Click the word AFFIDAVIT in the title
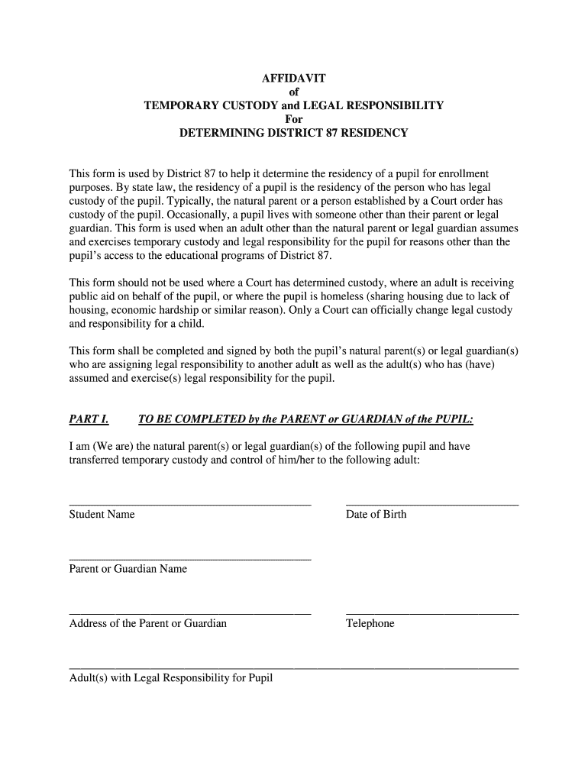point(294,78)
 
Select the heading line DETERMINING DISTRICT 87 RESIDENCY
point(294,133)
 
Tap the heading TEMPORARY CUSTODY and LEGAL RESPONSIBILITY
point(294,105)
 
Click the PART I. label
point(89,419)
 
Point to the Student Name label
point(102,514)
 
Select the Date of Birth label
point(376,514)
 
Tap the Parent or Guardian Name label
point(128,569)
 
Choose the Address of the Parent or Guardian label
point(147,623)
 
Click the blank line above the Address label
point(190,614)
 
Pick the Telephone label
point(370,623)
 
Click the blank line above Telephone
point(432,614)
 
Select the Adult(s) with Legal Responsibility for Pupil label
point(170,678)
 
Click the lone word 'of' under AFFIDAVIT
point(294,92)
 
